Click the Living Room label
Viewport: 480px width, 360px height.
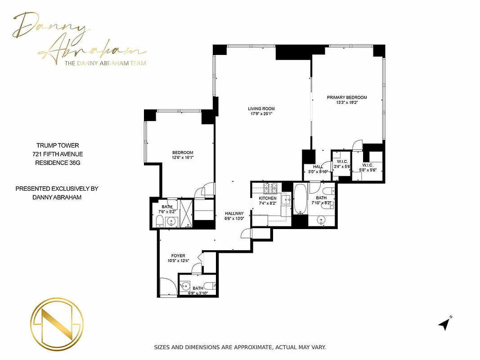click(x=261, y=108)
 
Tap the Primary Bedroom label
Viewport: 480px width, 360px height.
click(x=346, y=97)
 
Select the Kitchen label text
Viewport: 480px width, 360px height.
click(x=267, y=198)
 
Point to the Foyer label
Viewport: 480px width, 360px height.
click(x=178, y=256)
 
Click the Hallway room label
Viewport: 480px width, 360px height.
click(x=234, y=214)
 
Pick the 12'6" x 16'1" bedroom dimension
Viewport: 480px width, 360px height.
click(x=182, y=158)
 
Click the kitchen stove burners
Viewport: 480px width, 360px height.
click(x=271, y=187)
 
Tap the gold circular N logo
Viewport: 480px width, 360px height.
click(x=56, y=322)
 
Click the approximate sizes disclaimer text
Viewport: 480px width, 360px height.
click(x=239, y=347)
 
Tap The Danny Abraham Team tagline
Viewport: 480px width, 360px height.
click(x=105, y=63)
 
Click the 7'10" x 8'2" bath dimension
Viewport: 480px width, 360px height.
click(x=321, y=203)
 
